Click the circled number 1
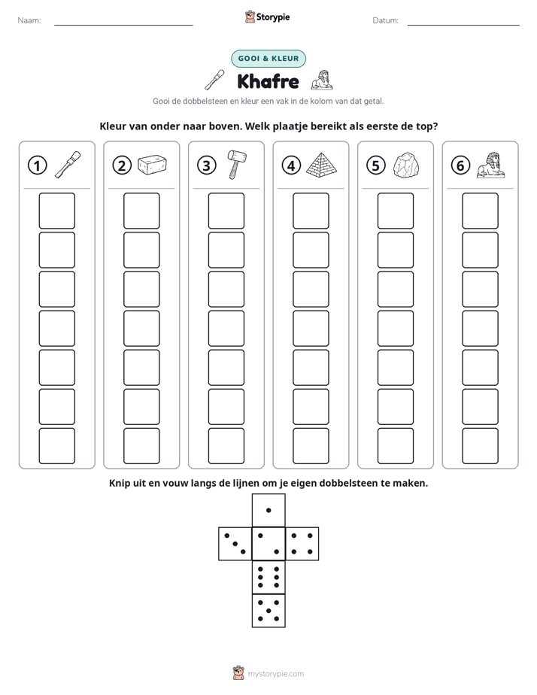click(x=37, y=165)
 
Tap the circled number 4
click(x=291, y=165)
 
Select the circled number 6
click(x=460, y=165)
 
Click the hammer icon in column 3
click(x=237, y=165)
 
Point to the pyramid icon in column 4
click(x=322, y=165)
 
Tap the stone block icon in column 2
click(x=152, y=165)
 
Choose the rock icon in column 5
click(x=406, y=165)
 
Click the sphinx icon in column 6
click(x=491, y=165)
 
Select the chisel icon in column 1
click(x=68, y=165)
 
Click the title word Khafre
click(x=268, y=81)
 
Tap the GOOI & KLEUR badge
click(x=268, y=59)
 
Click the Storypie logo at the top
click(x=267, y=17)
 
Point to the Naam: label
click(x=29, y=20)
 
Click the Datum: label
click(x=386, y=20)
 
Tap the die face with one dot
click(x=268, y=510)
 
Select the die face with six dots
click(x=268, y=577)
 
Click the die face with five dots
click(x=268, y=611)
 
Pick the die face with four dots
click(x=302, y=544)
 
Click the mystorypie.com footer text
click(x=275, y=674)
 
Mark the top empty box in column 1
click(x=56, y=211)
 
